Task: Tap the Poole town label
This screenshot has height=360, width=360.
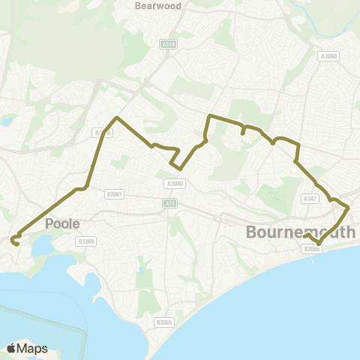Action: pos(62,223)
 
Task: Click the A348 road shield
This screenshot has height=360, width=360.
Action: pos(168,44)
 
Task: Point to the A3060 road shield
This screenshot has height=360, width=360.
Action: pos(328,55)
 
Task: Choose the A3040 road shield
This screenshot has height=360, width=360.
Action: pos(173,183)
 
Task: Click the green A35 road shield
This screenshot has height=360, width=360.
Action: pos(169,202)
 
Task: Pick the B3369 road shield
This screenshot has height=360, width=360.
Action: pos(87,241)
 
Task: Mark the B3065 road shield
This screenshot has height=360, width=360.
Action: pos(164,322)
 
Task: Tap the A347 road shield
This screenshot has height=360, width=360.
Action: pos(309,199)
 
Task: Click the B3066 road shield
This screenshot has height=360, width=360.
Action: pos(313,249)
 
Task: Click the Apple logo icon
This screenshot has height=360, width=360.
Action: pos(12,348)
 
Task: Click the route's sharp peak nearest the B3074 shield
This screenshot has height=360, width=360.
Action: pos(116,118)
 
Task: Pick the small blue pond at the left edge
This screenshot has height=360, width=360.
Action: pos(7,120)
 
